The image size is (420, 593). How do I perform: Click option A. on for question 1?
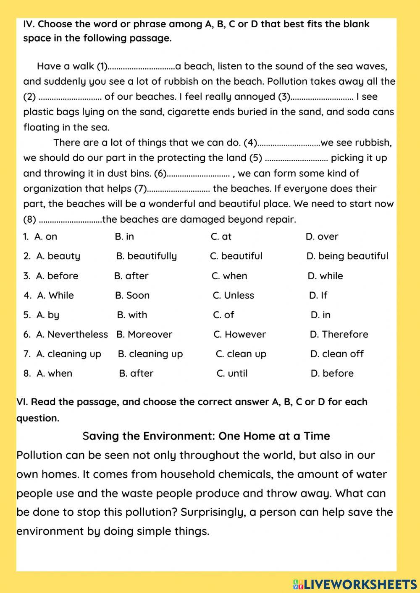(x=46, y=237)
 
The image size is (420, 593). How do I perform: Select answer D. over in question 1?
(x=322, y=237)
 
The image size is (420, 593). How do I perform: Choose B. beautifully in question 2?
(x=146, y=256)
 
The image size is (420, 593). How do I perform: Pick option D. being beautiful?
(x=347, y=256)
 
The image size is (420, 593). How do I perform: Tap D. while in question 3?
(x=325, y=276)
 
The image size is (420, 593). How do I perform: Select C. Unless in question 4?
(x=233, y=295)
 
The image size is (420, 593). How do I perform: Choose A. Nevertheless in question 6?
(x=72, y=334)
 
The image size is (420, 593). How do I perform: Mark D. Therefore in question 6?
(x=339, y=334)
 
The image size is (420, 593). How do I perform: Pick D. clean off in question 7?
(x=337, y=354)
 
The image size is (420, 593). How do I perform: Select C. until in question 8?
(x=232, y=373)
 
